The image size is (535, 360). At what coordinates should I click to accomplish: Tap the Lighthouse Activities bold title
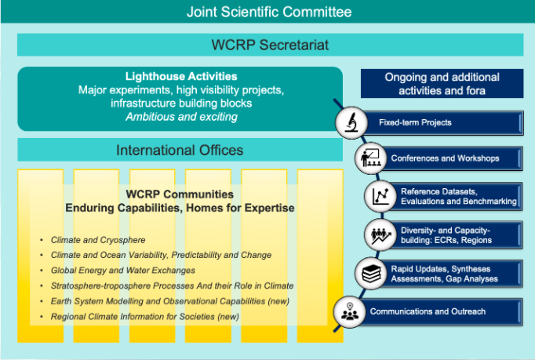click(181, 77)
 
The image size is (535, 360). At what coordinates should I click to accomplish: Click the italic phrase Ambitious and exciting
click(181, 117)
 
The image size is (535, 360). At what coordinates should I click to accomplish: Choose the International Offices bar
click(180, 150)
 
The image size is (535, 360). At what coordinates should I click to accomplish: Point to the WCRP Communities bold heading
click(180, 194)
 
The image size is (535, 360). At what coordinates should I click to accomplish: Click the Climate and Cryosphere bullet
click(98, 239)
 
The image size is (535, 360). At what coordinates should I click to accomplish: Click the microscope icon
click(351, 122)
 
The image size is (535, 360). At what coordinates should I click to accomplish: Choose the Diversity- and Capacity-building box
click(455, 235)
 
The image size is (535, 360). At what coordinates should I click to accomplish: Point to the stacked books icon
click(369, 275)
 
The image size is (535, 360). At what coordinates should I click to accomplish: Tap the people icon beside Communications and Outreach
click(348, 312)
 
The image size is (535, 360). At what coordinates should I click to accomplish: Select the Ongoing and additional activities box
click(441, 84)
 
